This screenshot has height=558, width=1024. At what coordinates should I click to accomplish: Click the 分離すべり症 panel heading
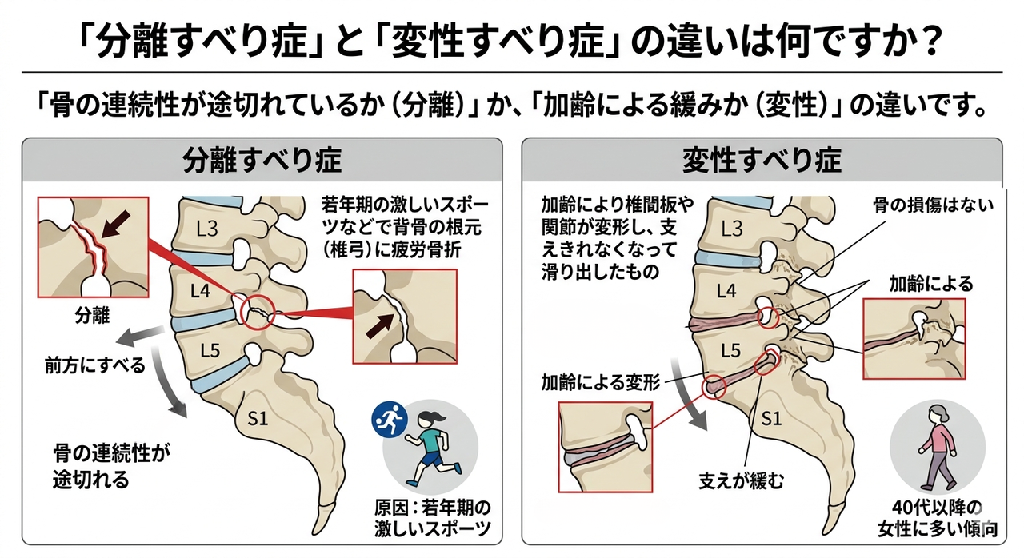click(262, 161)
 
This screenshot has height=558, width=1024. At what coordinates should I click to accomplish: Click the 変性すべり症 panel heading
click(761, 161)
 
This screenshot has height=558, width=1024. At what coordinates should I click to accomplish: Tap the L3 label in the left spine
click(206, 229)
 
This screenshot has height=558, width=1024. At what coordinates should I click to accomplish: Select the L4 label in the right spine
click(726, 292)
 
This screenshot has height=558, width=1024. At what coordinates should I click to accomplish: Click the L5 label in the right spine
click(730, 350)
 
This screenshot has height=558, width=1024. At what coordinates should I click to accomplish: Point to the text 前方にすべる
click(94, 365)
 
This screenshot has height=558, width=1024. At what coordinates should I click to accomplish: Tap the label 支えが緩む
click(742, 481)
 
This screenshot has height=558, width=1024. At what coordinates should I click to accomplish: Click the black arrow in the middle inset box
click(383, 323)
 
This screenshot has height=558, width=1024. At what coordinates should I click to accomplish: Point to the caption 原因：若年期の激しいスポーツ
click(431, 518)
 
